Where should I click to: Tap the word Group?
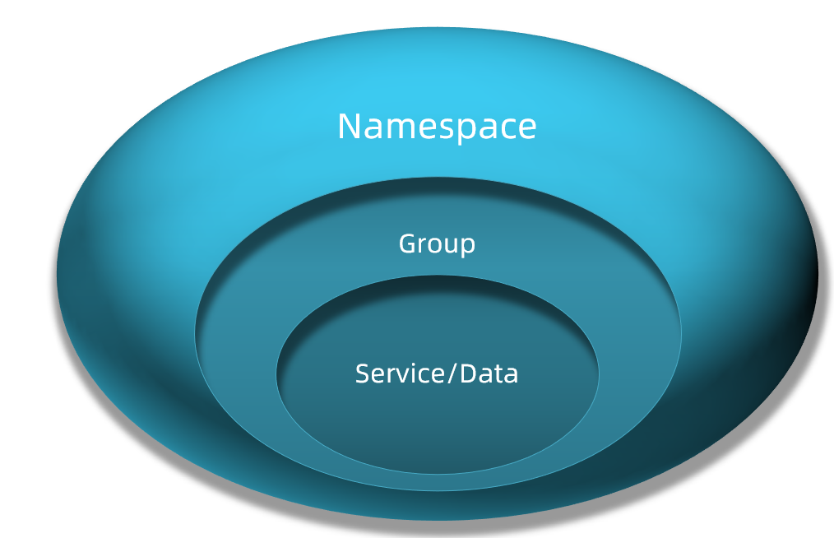(x=437, y=244)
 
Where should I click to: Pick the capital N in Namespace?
(x=350, y=127)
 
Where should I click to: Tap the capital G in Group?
(x=407, y=243)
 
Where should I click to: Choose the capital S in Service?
(x=363, y=373)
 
